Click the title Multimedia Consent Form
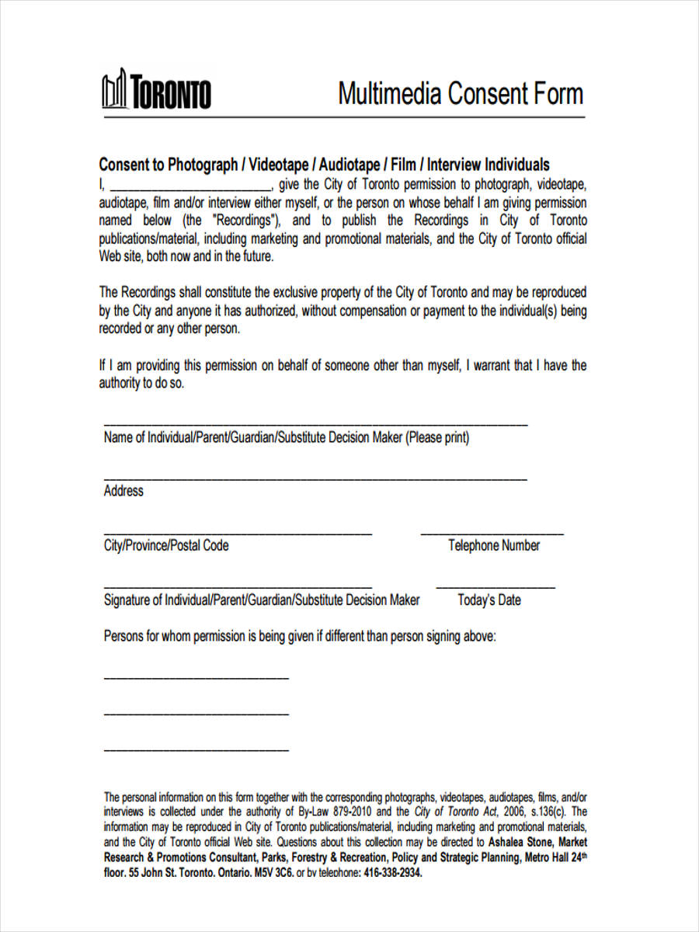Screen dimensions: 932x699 coord(460,94)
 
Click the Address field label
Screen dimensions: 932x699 coord(123,491)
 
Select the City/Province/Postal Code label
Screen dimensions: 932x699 coord(166,545)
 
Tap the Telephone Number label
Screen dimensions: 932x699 coord(494,545)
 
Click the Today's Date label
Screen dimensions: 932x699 coord(489,600)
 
